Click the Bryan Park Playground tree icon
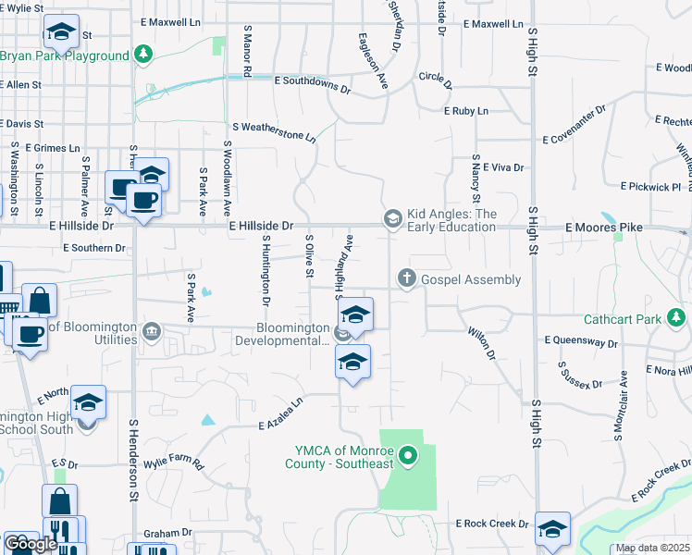142,55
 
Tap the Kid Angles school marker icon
392,218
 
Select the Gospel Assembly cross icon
405,277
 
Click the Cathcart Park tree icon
677,319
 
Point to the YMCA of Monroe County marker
404,454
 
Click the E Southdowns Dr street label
313,85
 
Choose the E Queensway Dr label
581,341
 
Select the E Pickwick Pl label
647,187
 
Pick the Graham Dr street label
167,533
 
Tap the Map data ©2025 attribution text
652,549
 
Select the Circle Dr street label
435,80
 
